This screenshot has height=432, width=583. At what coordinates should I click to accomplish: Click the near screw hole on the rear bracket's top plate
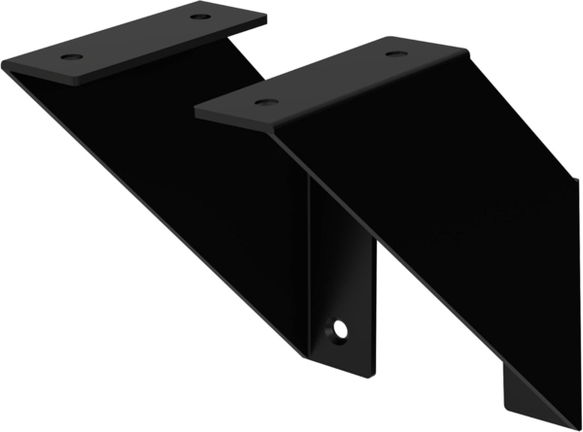click(x=71, y=57)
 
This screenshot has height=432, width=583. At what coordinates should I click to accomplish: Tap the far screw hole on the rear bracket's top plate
click(x=199, y=17)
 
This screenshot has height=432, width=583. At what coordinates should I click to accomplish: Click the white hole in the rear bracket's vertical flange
click(x=340, y=330)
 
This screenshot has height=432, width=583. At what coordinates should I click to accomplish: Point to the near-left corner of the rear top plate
click(x=6, y=64)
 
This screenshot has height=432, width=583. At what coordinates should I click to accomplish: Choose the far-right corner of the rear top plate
click(x=264, y=17)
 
